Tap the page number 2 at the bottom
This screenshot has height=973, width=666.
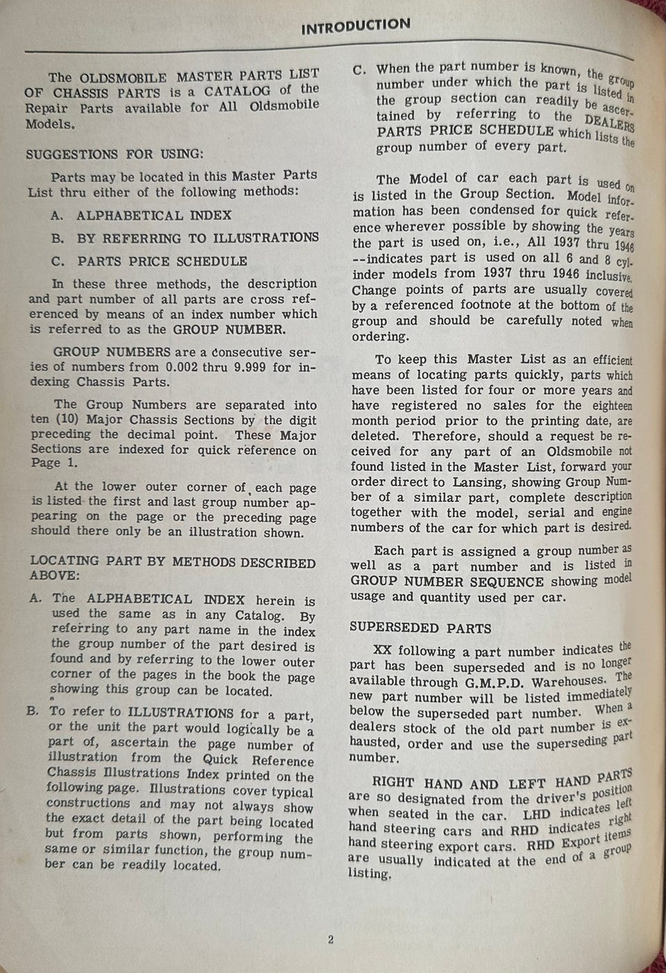(331, 940)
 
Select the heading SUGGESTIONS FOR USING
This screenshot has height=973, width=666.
(114, 154)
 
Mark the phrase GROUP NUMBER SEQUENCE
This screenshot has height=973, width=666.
(447, 582)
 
